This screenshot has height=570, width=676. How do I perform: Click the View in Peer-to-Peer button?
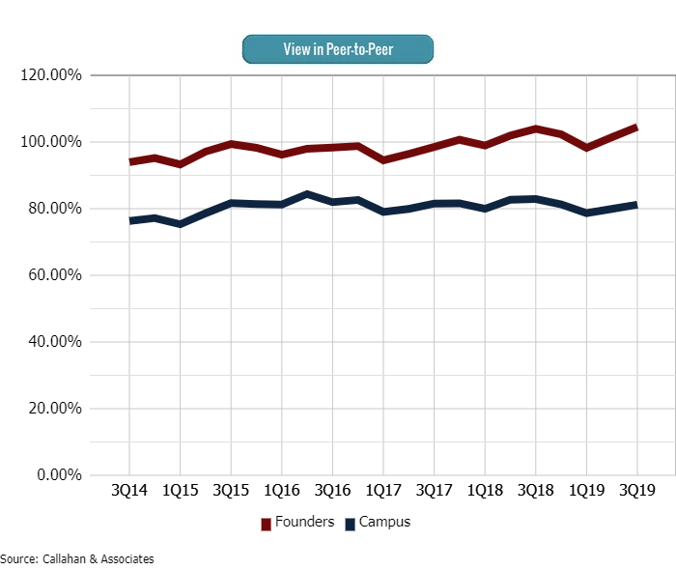(x=337, y=48)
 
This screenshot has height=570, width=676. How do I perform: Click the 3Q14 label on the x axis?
(x=130, y=491)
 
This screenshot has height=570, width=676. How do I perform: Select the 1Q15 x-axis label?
(x=181, y=491)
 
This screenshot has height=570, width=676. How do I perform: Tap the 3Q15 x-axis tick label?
(x=232, y=491)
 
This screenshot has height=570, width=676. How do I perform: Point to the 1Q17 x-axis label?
(x=383, y=491)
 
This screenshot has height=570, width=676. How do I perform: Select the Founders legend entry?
(x=298, y=523)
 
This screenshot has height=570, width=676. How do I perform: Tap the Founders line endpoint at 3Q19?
(x=636, y=127)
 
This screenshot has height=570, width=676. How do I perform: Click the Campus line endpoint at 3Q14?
(x=130, y=220)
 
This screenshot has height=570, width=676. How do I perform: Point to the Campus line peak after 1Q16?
(x=307, y=194)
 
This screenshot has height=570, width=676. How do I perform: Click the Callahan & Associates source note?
(x=77, y=559)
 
